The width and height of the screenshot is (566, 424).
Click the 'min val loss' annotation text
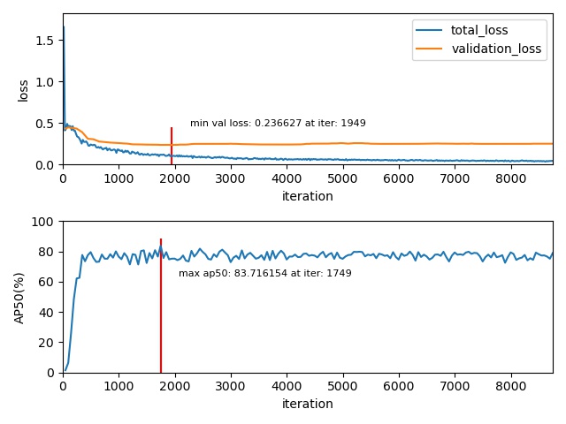coord(278,124)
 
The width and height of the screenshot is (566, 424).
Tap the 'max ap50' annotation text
coord(264,274)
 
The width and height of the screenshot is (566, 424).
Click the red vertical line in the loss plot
coord(172,146)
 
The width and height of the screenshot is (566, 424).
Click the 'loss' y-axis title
coord(24,90)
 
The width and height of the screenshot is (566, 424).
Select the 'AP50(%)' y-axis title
coord(19,298)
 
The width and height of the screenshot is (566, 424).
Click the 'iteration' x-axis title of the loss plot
coord(307,196)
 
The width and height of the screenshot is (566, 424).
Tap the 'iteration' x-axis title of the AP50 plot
coord(307,404)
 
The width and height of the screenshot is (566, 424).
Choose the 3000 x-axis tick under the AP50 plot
coord(230,386)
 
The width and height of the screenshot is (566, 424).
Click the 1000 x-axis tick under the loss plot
coord(119,178)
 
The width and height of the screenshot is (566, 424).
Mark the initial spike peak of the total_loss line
coord(63,27)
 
